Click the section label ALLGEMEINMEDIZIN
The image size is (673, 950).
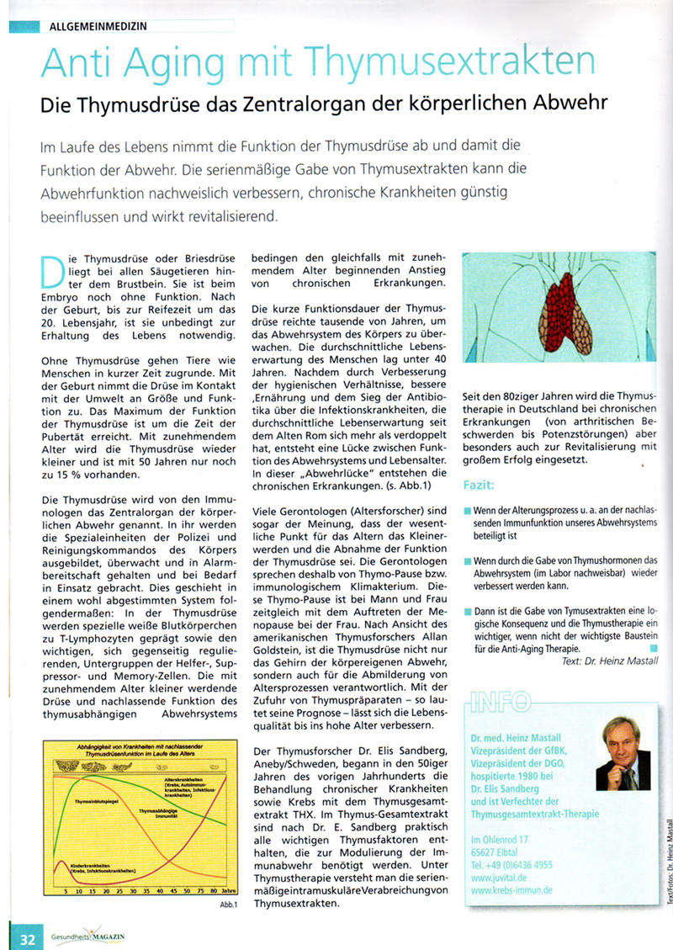pos(98,25)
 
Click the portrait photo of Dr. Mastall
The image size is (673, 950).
pos(622,753)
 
